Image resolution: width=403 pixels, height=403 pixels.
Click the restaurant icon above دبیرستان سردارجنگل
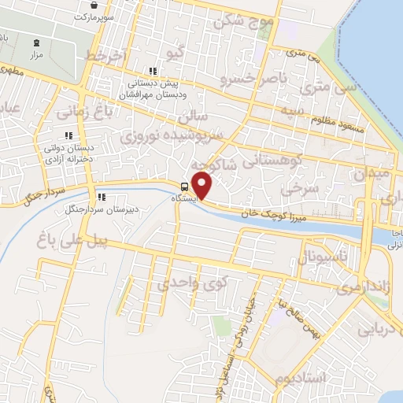(x=101, y=197)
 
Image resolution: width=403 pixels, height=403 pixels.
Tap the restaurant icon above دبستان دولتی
(x=79, y=135)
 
